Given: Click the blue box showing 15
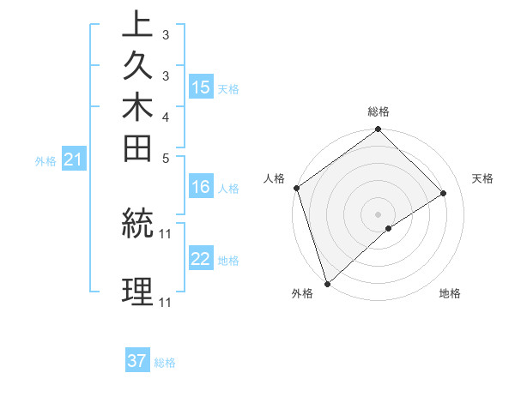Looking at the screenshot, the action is point(201,87).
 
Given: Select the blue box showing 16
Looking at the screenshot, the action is point(201,187).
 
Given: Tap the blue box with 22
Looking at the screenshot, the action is point(201,259).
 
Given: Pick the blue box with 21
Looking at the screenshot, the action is point(74,159).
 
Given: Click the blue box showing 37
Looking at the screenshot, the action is point(137,361).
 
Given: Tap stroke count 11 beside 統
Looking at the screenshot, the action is point(166,232).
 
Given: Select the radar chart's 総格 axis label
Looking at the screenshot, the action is point(379,111).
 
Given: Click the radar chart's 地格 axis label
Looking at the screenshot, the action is point(450,294).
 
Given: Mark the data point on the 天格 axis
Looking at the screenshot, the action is point(444,193).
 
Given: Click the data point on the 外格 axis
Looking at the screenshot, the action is point(327,284).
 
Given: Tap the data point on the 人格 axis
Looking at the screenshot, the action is point(296,188).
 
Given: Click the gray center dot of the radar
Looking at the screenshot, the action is point(379,214).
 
